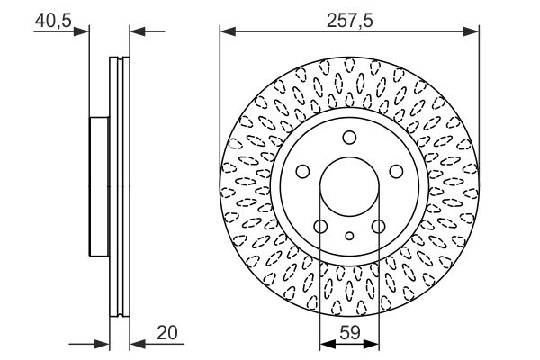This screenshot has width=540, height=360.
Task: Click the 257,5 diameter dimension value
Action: click(349, 21)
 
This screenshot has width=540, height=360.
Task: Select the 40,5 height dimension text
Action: click(53, 21)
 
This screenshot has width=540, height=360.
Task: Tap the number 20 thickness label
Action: click(167, 333)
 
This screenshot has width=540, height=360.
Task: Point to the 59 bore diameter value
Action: click(350, 333)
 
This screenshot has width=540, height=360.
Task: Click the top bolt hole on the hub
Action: click(349, 138)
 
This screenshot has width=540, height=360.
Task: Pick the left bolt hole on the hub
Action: click(302, 171)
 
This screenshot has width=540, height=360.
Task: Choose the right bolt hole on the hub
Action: click(396, 171)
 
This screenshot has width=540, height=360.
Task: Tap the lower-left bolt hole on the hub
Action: click(320, 226)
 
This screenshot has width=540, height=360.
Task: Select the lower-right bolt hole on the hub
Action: click(379, 226)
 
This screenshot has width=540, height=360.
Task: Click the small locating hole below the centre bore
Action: click(349, 236)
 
